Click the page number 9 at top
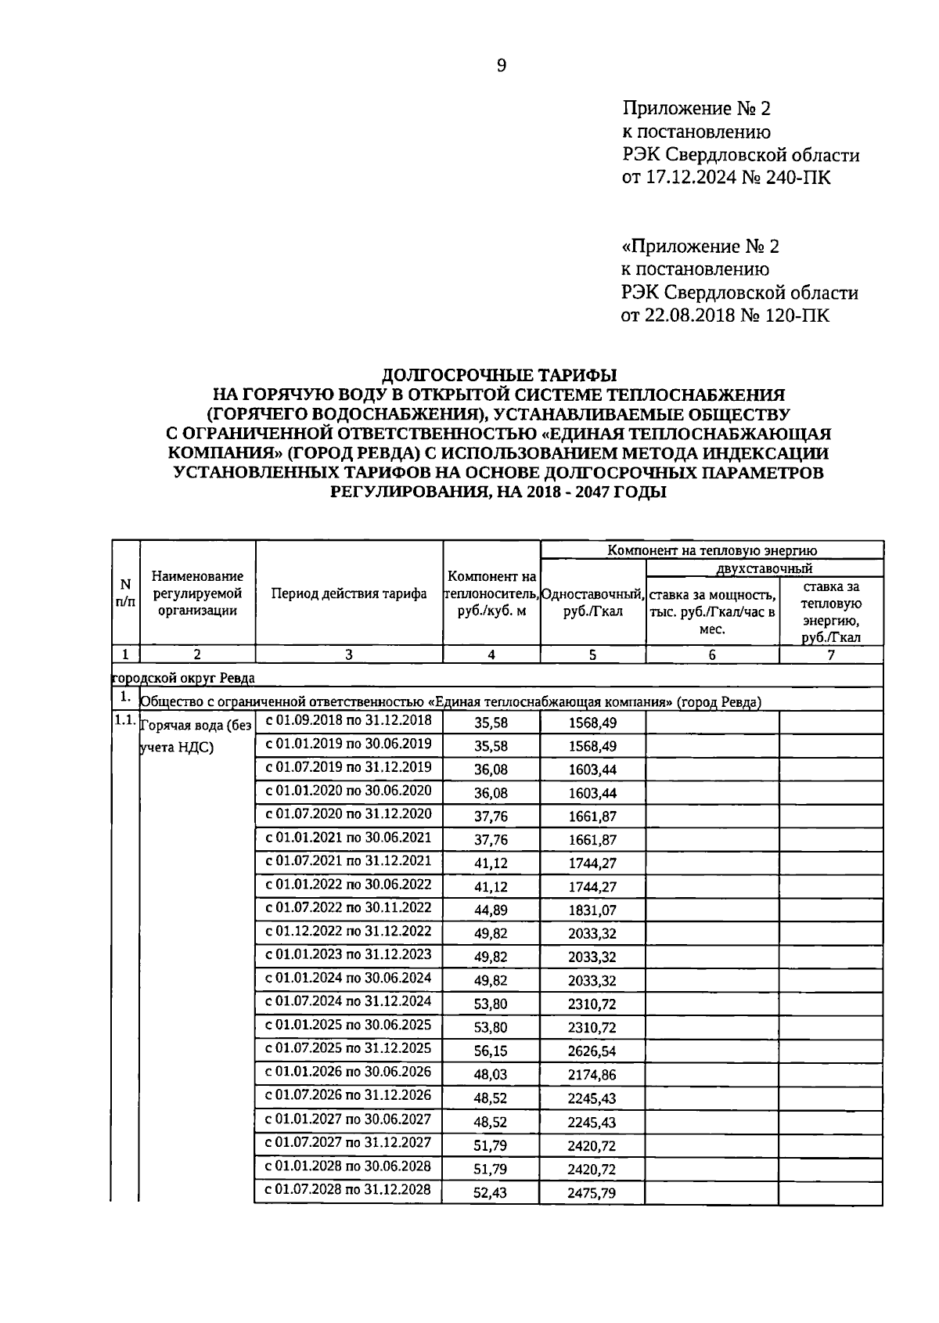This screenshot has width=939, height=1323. pyautogui.click(x=502, y=66)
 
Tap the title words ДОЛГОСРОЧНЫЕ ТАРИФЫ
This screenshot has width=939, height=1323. pyautogui.click(x=499, y=375)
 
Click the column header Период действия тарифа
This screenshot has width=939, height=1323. pyautogui.click(x=349, y=593)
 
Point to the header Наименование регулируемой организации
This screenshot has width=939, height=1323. pyautogui.click(x=197, y=593)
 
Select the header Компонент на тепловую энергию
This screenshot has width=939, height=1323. pyautogui.click(x=711, y=550)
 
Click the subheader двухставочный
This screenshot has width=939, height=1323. pyautogui.click(x=764, y=568)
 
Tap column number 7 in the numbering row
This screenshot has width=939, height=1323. pyautogui.click(x=831, y=655)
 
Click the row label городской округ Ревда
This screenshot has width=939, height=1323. pyautogui.click(x=184, y=678)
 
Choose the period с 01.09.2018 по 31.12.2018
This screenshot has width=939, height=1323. pyautogui.click(x=349, y=720)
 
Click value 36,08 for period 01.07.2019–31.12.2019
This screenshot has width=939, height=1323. pyautogui.click(x=491, y=770)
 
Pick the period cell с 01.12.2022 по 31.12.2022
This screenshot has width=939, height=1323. pyautogui.click(x=349, y=931)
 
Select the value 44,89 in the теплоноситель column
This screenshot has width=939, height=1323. pyautogui.click(x=491, y=910)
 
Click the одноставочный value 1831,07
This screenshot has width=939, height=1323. pyautogui.click(x=592, y=910)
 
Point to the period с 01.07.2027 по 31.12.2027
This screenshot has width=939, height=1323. pyautogui.click(x=349, y=1142)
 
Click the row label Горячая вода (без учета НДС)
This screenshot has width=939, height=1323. pyautogui.click(x=196, y=736)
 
